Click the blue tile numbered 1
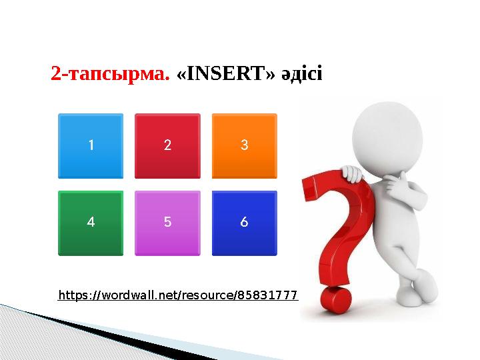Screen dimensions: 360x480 [x=91, y=145]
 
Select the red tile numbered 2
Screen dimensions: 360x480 [x=167, y=145]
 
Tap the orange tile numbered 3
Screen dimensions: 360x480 [x=244, y=145]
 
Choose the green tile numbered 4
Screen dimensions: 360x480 [x=91, y=223]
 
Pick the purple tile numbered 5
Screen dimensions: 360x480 [x=167, y=223]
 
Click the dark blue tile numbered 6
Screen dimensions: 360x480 [x=244, y=223]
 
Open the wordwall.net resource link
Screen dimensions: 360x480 [x=177, y=294]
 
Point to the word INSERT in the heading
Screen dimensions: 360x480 [x=227, y=73]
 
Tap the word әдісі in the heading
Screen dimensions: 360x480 [x=300, y=73]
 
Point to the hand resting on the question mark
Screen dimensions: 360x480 [x=351, y=175]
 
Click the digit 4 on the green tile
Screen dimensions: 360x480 [x=91, y=223]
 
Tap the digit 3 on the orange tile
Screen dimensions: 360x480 [x=244, y=145]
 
